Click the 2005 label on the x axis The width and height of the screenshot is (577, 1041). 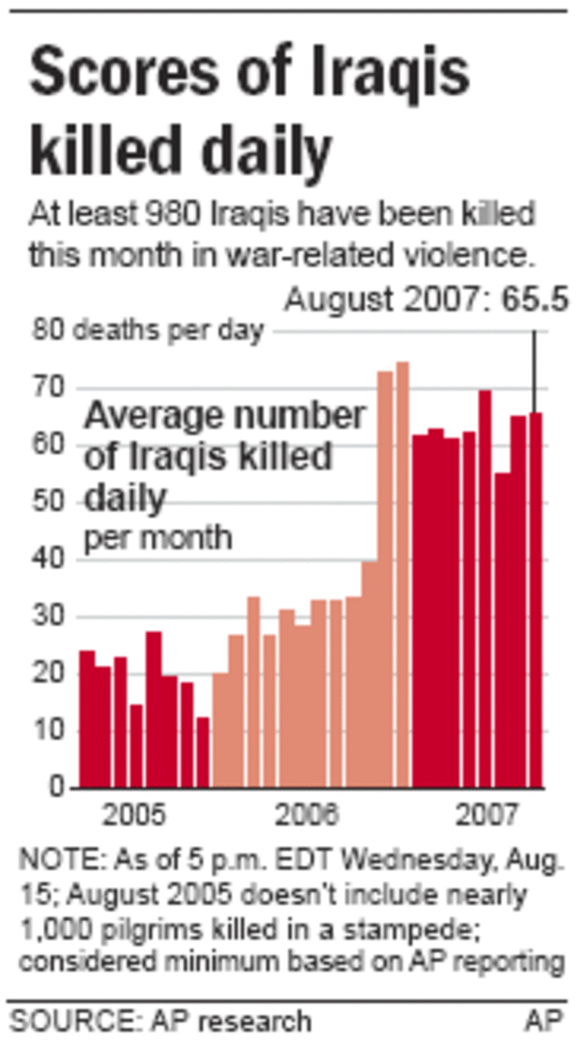pos(134,816)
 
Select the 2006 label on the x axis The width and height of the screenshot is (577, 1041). pos(307,816)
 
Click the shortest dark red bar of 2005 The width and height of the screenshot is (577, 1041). pos(202,752)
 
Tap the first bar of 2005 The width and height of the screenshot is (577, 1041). pos(87,719)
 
